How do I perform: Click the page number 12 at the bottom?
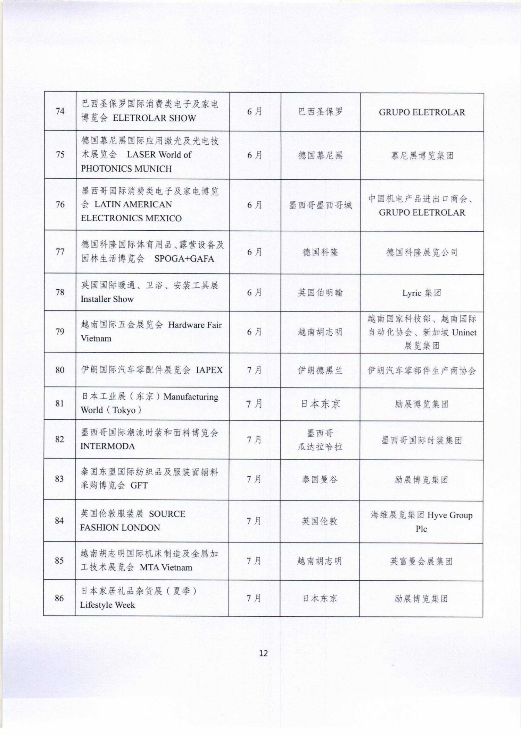pyautogui.click(x=263, y=653)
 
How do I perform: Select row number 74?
pyautogui.click(x=60, y=111)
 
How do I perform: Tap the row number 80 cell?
pyautogui.click(x=60, y=370)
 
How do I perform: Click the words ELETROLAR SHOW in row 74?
pyautogui.click(x=154, y=118)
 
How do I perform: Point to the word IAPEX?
pyautogui.click(x=209, y=370)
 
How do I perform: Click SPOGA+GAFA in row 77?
pyautogui.click(x=184, y=259)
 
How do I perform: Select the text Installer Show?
pyautogui.click(x=107, y=299)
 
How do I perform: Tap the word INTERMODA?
pyautogui.click(x=108, y=446)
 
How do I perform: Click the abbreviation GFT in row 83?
pyautogui.click(x=139, y=485)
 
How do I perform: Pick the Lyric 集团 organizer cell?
pyautogui.click(x=422, y=293)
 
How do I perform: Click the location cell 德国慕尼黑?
pyautogui.click(x=320, y=155)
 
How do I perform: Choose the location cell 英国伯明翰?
pyautogui.click(x=320, y=293)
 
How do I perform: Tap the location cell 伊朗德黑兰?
pyautogui.click(x=320, y=370)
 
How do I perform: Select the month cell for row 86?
pyautogui.click(x=254, y=598)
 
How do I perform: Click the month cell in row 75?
pyautogui.click(x=254, y=155)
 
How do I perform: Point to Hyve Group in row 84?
pyautogui.click(x=450, y=515)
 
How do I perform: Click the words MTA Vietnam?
pyautogui.click(x=166, y=567)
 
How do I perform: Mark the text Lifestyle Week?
pyautogui.click(x=107, y=605)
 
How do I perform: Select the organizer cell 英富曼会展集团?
pyautogui.click(x=421, y=561)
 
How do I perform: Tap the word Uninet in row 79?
pyautogui.click(x=464, y=332)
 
